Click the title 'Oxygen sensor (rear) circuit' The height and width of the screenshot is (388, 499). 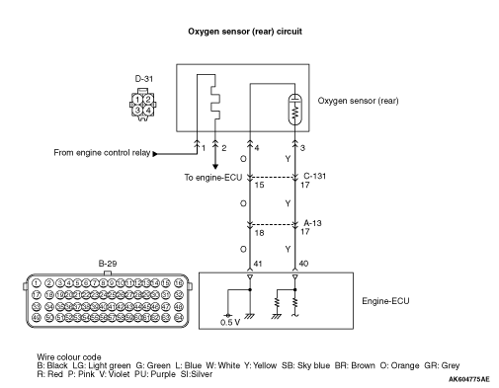click(x=245, y=32)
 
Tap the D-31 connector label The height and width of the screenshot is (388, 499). click(x=144, y=79)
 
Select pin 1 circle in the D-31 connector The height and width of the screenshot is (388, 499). click(x=137, y=100)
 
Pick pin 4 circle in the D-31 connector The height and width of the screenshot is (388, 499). click(x=148, y=111)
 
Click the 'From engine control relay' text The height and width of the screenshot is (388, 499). click(x=102, y=153)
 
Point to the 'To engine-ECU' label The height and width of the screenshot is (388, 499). click(x=212, y=178)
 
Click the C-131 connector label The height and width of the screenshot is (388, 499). click(x=314, y=176)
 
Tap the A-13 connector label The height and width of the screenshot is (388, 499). click(x=312, y=223)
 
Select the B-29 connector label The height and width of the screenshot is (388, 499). click(x=108, y=264)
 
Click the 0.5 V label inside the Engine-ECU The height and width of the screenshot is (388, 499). click(x=230, y=323)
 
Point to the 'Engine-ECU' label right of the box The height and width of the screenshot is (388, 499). click(x=385, y=301)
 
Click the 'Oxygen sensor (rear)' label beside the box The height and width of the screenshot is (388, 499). click(x=358, y=101)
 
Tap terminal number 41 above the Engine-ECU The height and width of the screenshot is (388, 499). click(x=258, y=264)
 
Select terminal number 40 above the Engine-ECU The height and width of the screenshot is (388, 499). click(x=303, y=264)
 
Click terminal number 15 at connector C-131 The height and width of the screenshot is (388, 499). click(x=259, y=185)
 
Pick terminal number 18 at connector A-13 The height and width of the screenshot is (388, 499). click(x=259, y=233)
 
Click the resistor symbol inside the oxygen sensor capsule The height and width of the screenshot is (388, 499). click(x=295, y=112)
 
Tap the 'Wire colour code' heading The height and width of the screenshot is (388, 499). click(x=69, y=357)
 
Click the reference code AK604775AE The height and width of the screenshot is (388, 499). click(x=469, y=379)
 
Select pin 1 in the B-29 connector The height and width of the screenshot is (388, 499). click(x=37, y=283)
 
